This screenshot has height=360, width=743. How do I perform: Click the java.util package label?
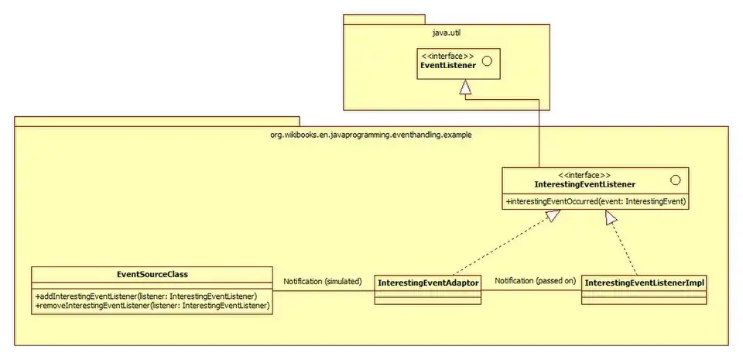click(447, 33)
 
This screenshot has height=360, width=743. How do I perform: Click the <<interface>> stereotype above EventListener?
click(447, 56)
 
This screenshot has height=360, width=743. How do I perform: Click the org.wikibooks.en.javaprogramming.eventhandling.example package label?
click(371, 134)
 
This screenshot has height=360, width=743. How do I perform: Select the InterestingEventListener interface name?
click(585, 185)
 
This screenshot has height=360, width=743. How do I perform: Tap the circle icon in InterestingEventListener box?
click(676, 180)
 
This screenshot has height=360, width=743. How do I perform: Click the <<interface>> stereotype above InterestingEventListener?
click(584, 175)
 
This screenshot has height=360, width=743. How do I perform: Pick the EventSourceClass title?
click(152, 274)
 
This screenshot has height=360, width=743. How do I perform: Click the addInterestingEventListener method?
click(146, 296)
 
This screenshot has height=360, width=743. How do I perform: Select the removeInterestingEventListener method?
click(152, 306)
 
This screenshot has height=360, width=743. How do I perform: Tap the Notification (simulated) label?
click(322, 281)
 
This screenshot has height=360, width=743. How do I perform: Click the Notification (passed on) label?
click(536, 280)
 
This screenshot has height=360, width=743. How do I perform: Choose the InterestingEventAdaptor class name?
click(428, 283)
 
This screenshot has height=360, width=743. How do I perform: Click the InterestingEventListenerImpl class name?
click(644, 283)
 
